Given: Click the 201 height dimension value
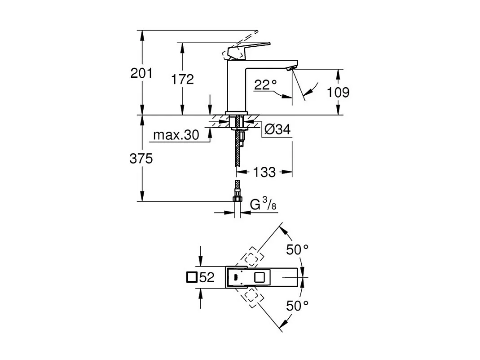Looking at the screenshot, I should point(141,73).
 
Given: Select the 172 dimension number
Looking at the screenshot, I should point(182,80).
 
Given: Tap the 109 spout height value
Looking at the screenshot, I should point(338,93).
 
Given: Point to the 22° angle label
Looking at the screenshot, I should point(265,84).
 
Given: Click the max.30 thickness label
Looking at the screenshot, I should point(176,135).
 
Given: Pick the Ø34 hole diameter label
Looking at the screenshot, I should point(277,130).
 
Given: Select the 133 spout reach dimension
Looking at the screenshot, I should point(264,172).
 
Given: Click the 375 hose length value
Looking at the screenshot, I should point(141,158).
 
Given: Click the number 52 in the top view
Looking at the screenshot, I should point(207,278).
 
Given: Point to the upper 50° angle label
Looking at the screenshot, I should point(298,250).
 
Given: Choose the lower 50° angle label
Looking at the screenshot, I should point(298,307).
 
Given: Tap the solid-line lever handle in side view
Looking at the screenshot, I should point(249,48).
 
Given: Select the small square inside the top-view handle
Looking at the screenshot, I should point(260,277).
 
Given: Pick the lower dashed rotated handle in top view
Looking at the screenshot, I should point(251,297).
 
